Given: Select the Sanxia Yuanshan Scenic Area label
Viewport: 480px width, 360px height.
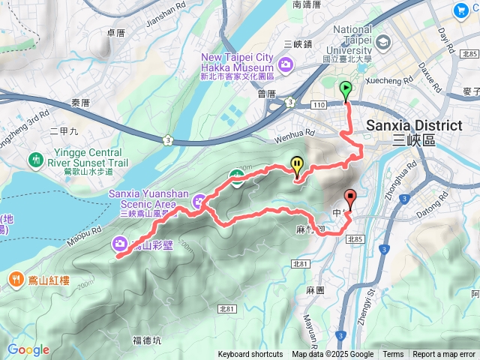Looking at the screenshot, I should (x=142, y=199).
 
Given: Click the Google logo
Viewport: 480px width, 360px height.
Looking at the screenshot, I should (x=28, y=349).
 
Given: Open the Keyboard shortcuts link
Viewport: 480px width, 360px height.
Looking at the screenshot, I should (x=250, y=355).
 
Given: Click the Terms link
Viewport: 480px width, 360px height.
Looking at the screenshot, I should (x=393, y=355).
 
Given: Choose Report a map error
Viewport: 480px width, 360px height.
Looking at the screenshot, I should (x=445, y=355).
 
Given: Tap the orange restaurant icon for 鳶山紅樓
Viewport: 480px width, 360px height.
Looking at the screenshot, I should (x=16, y=280).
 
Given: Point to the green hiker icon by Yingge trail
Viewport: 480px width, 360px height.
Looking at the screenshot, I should (x=35, y=159).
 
